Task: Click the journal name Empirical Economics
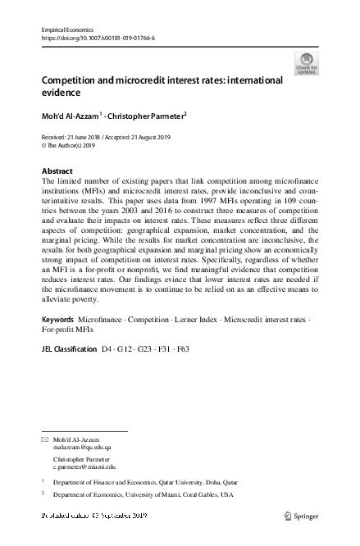68,30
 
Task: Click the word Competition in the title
71,80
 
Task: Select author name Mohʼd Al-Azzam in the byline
69,117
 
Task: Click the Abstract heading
57,171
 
